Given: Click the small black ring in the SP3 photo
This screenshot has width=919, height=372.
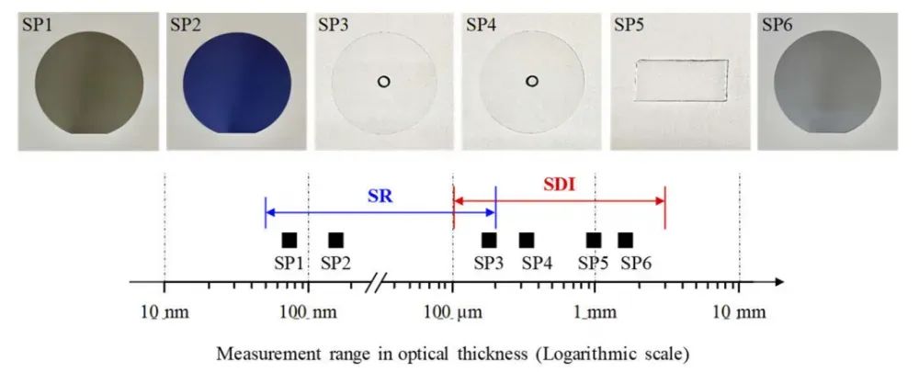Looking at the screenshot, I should click(384, 81).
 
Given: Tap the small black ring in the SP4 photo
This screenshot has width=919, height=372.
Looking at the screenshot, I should click(532, 81).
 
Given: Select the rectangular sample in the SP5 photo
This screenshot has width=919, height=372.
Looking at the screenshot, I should click(682, 81).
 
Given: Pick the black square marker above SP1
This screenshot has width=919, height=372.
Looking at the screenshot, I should click(289, 240).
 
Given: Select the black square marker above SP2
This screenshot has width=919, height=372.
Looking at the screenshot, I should click(335, 240).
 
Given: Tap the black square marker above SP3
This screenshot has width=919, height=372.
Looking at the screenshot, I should click(489, 240).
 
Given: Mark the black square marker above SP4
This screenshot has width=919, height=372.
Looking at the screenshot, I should click(527, 240).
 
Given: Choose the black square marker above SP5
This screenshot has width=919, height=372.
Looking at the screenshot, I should click(594, 240).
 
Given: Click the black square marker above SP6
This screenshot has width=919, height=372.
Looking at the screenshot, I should click(625, 240).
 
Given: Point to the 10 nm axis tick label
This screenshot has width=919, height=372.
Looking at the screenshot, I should click(164, 312).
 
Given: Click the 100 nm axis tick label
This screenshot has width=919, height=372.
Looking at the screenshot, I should click(308, 312).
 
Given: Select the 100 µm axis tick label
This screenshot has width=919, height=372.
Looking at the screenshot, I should click(452, 312).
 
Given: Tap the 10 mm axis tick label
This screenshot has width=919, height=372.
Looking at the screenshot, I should click(739, 312).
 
